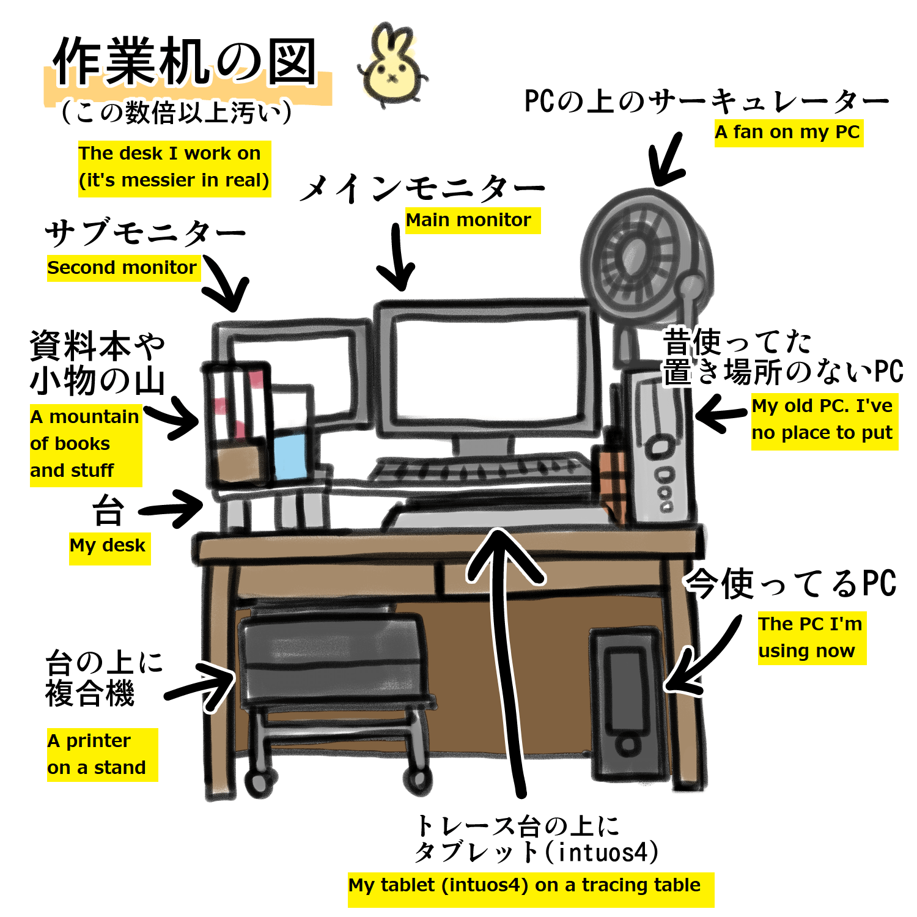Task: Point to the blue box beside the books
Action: (x=289, y=455)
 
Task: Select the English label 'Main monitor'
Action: (x=469, y=220)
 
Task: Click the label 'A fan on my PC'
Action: (x=788, y=133)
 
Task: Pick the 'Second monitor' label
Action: (x=122, y=268)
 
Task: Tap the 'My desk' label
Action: (x=108, y=545)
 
